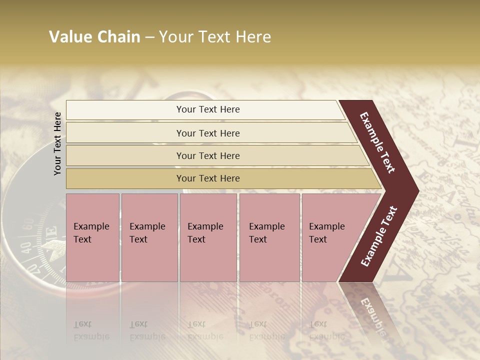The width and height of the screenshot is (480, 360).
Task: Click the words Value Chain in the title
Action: (94, 37)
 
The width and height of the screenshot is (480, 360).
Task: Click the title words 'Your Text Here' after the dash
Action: (215, 37)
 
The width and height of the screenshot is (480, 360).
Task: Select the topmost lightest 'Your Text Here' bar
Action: (208, 109)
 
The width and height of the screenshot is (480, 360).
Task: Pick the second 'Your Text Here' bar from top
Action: (208, 133)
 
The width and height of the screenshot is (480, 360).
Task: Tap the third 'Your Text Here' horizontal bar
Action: (208, 155)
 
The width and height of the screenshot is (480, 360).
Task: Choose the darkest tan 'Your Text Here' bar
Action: (208, 178)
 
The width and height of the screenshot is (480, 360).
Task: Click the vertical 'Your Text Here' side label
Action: (57, 143)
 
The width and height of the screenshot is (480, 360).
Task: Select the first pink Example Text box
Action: (92, 237)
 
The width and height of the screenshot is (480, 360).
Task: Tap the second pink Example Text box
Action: (149, 237)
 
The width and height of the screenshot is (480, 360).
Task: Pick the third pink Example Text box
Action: (208, 237)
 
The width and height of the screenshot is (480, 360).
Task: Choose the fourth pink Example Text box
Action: (269, 237)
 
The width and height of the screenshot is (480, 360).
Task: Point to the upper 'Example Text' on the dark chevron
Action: (377, 142)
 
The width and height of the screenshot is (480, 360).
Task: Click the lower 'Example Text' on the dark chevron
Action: (379, 236)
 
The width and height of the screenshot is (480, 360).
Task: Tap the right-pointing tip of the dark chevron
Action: (416, 190)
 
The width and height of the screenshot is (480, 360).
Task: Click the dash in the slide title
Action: (149, 37)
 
